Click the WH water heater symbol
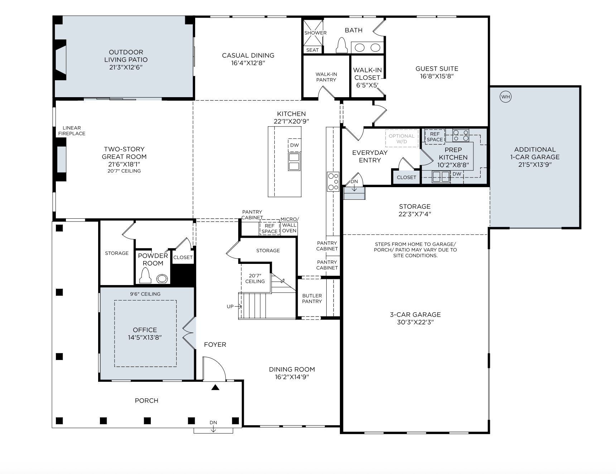click(505, 97)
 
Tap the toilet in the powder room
click(145, 276)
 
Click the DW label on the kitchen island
click(294, 145)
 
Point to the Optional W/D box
click(401, 138)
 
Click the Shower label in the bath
click(316, 33)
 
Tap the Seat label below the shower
click(312, 50)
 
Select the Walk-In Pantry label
click(326, 77)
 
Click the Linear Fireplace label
click(72, 131)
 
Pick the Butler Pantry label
click(312, 298)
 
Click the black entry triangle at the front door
click(215, 387)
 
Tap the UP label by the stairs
click(230, 307)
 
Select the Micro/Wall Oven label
click(289, 225)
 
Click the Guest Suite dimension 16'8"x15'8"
click(437, 76)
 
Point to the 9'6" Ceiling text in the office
click(145, 294)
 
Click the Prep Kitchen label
click(453, 153)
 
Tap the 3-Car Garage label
click(415, 314)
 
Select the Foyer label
click(215, 345)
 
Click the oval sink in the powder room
click(162, 279)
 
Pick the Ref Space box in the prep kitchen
click(435, 137)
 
